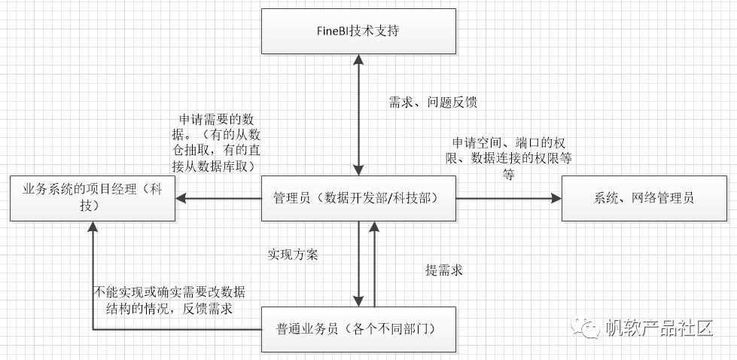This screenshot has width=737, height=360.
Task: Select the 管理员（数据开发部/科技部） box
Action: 358,199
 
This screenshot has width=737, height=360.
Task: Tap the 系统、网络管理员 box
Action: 638,199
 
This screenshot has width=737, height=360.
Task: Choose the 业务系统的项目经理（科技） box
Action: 93,199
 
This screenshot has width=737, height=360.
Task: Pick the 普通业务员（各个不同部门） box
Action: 358,329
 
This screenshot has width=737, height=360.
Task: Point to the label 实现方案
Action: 293,254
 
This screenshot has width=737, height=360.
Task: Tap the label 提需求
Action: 443,269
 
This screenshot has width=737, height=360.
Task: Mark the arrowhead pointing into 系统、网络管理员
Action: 556,199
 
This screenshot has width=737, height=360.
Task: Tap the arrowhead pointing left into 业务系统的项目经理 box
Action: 181,199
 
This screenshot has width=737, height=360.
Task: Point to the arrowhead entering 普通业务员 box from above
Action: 359,301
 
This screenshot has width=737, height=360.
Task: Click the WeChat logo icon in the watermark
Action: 586,328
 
